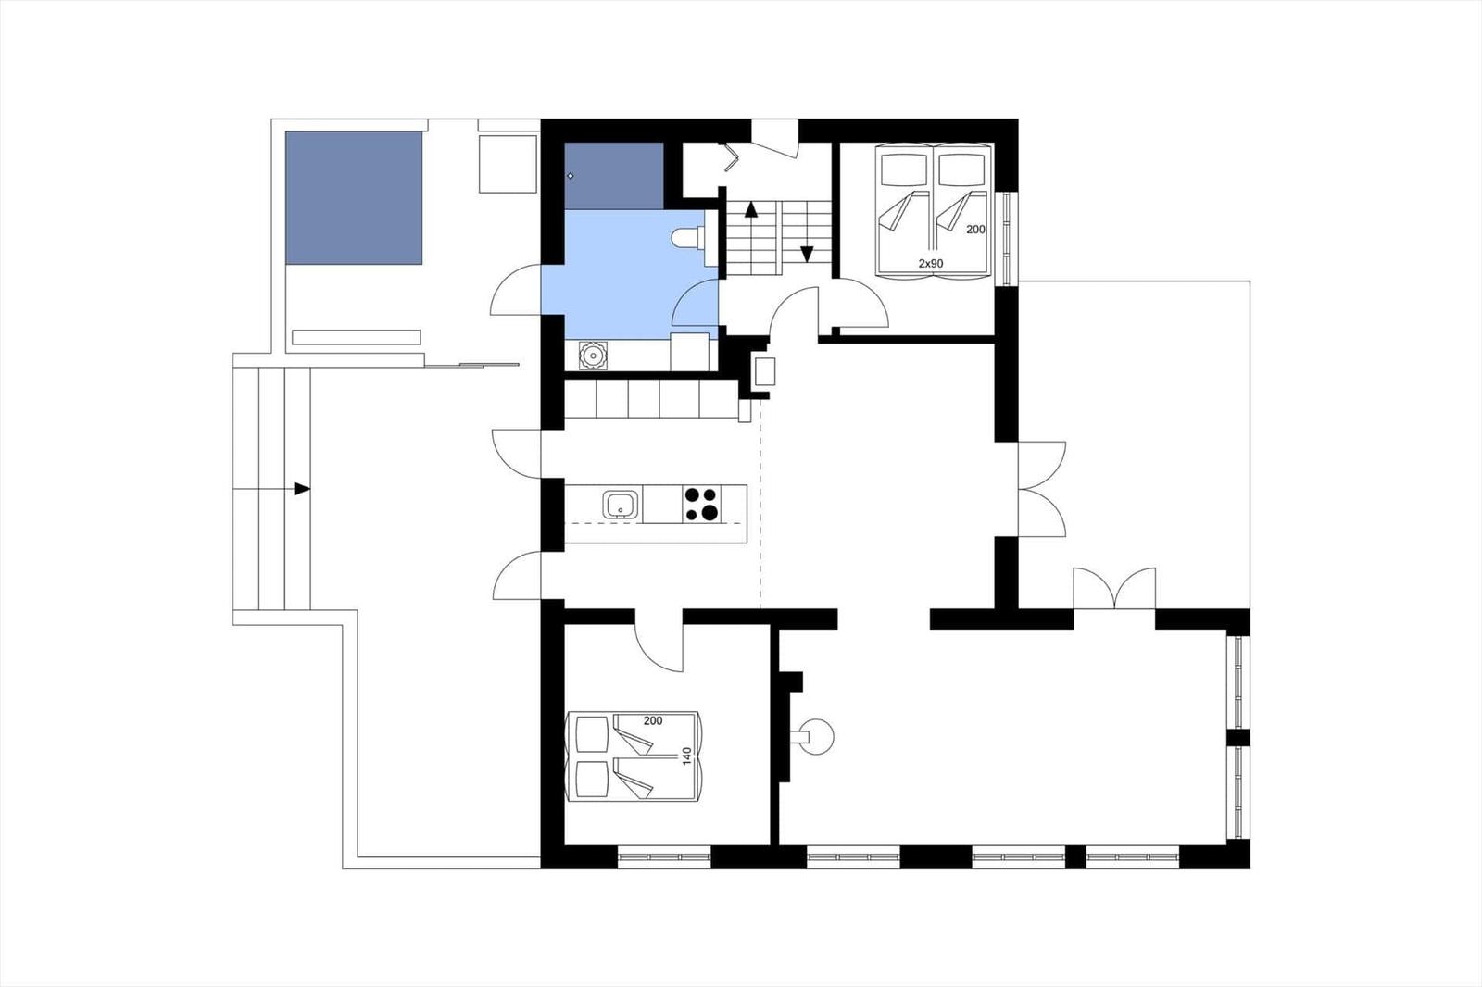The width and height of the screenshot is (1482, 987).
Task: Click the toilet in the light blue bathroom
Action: [688, 237]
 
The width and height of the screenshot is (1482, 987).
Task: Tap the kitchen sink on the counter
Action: [622, 505]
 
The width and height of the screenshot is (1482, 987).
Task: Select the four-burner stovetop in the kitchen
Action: [701, 504]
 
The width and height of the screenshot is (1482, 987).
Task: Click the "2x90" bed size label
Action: [930, 263]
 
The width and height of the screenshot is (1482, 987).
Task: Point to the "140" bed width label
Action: [686, 756]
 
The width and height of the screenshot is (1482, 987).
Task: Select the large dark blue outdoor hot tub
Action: [354, 198]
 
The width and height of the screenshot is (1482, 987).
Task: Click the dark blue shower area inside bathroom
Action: [614, 176]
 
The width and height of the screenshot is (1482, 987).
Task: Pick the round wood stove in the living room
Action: [816, 736]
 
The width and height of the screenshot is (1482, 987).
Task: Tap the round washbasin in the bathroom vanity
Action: [593, 356]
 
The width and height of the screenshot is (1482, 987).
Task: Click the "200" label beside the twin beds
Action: [975, 230]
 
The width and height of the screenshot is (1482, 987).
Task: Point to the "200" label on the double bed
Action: [653, 721]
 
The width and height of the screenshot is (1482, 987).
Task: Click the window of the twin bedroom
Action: [1007, 238]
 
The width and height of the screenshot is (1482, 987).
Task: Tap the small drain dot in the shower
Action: [571, 176]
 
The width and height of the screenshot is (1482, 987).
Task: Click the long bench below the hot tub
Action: [356, 337]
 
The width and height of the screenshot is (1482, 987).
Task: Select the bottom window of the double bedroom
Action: [663, 856]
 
